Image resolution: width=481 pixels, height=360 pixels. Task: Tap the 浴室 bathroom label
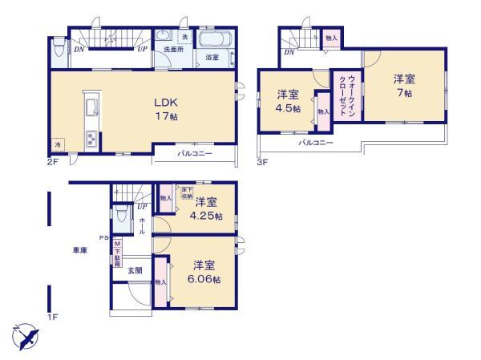point(212,58)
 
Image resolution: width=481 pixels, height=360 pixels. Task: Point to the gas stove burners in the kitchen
point(91,139)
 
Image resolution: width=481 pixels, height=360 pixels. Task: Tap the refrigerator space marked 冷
point(58,145)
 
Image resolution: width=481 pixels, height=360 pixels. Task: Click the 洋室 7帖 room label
point(402,86)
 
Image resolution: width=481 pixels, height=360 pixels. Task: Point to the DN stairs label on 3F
point(288,52)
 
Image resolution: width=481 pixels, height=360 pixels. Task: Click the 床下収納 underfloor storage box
point(185,191)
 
